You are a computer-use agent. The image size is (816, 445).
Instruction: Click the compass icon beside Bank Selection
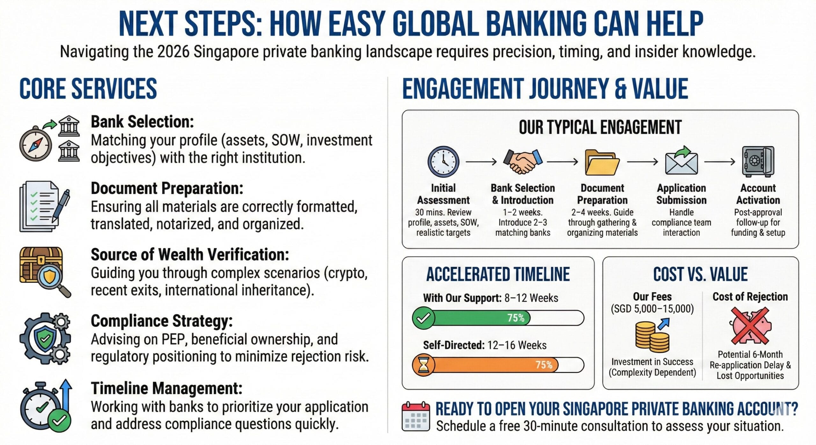[x=35, y=145]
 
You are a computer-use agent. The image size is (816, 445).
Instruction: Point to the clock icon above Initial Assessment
[x=443, y=162]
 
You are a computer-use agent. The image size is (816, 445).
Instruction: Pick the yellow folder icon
[x=602, y=163]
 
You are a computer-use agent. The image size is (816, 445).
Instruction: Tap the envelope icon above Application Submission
[x=681, y=162]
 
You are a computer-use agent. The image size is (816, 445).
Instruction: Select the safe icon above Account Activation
[x=758, y=161]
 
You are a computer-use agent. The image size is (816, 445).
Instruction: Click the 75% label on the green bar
[x=516, y=318]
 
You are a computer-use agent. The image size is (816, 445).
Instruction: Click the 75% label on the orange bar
[x=544, y=365]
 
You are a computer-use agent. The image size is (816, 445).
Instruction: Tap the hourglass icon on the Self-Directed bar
[x=423, y=365]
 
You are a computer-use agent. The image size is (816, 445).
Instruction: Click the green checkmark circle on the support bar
[x=423, y=318]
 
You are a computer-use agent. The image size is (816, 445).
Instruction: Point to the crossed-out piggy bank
[x=750, y=325]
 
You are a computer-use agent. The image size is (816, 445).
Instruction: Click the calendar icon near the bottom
[x=415, y=416]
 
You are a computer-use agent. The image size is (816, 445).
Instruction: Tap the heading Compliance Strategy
[x=162, y=321]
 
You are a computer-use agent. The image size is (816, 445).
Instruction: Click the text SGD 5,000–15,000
[x=652, y=309]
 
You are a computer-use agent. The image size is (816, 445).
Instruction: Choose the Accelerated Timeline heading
[x=498, y=274]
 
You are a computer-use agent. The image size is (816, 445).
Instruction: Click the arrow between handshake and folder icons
[x=562, y=162]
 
